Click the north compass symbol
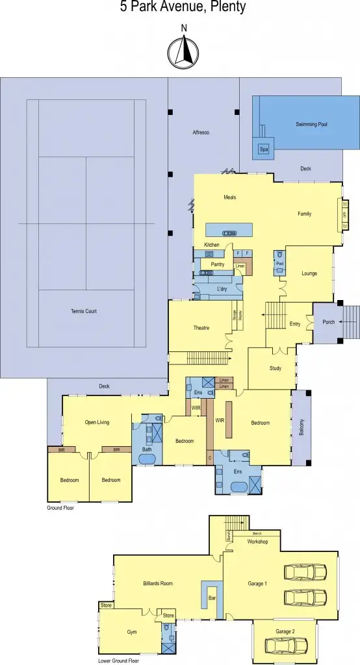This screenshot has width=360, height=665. (184, 51)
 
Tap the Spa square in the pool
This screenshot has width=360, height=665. (264, 149)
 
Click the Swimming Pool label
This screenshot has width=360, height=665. (311, 123)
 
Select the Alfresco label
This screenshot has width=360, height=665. (201, 132)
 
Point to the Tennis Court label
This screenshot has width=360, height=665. (83, 311)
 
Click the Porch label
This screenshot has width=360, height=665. (329, 321)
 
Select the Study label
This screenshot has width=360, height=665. (276, 369)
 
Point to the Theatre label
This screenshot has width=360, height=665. (201, 328)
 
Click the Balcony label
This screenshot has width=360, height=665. (302, 427)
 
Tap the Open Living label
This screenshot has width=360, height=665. (97, 422)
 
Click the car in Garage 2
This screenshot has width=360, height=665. (286, 646)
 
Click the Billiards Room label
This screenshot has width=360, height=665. (158, 584)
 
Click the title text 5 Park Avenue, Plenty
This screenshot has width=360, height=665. (183, 8)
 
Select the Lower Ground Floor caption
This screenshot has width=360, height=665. (119, 660)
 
